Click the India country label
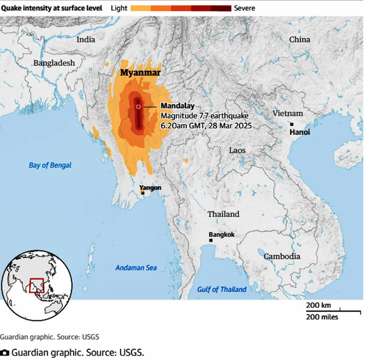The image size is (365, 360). (x=86, y=39)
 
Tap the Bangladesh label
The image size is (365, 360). (x=54, y=63)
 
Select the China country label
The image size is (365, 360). (x=299, y=39)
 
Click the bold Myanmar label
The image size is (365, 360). (x=140, y=73)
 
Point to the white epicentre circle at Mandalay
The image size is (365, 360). (x=138, y=106)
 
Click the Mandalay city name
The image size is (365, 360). (x=178, y=106)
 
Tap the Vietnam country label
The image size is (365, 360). (x=288, y=113)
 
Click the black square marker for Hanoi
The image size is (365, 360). (x=292, y=125)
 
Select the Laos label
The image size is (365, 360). (x=237, y=151)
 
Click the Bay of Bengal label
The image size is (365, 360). (x=50, y=165)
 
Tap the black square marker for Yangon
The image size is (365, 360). (x=143, y=193)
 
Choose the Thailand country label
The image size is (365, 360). (x=223, y=214)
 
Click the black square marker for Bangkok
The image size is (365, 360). (x=211, y=241)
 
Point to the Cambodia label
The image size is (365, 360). (x=282, y=256)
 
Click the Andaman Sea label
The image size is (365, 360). (x=136, y=267)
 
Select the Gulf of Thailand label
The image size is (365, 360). (x=221, y=289)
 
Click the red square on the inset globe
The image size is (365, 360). (x=36, y=285)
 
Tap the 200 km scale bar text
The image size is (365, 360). (x=318, y=305)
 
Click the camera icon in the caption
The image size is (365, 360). (x=4, y=352)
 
